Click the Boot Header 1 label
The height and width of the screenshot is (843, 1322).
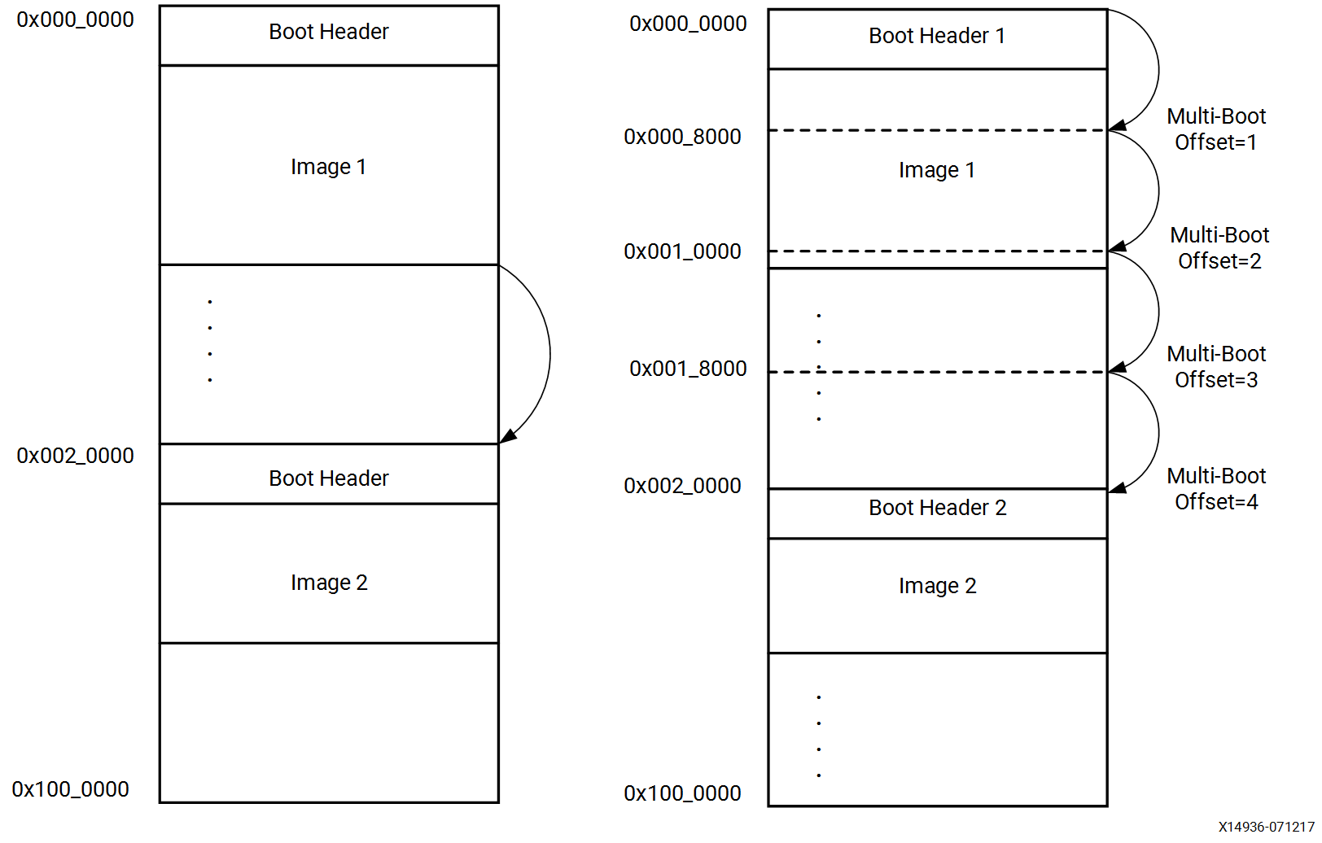pyautogui.click(x=936, y=37)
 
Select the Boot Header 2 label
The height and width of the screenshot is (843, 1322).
pyautogui.click(x=937, y=509)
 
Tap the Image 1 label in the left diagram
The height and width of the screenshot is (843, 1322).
pyautogui.click(x=328, y=168)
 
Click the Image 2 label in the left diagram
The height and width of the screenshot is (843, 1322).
pyautogui.click(x=329, y=583)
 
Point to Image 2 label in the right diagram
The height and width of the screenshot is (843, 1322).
pyautogui.click(x=937, y=587)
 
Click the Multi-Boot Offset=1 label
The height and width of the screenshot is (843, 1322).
pyautogui.click(x=1216, y=129)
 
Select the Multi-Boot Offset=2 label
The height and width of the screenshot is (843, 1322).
pyautogui.click(x=1219, y=248)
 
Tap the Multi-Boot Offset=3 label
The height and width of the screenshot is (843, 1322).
pyautogui.click(x=1216, y=367)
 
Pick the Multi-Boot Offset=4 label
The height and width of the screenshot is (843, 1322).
pyautogui.click(x=1216, y=489)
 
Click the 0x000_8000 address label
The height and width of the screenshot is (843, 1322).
pyautogui.click(x=682, y=137)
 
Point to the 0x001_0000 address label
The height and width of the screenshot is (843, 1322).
pyautogui.click(x=682, y=251)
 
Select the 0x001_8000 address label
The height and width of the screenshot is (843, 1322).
pyautogui.click(x=688, y=369)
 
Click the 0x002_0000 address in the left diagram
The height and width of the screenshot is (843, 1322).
pyautogui.click(x=75, y=456)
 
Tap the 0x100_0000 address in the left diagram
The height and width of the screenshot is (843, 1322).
pyautogui.click(x=70, y=789)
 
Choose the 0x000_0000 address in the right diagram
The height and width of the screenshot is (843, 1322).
pyautogui.click(x=688, y=24)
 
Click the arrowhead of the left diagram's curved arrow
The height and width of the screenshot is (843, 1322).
pyautogui.click(x=507, y=437)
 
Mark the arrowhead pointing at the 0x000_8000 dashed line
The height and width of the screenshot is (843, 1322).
pyautogui.click(x=1117, y=125)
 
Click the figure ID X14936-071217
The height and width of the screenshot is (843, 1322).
pyautogui.click(x=1266, y=827)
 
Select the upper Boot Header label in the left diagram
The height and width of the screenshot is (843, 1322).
pyautogui.click(x=329, y=32)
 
